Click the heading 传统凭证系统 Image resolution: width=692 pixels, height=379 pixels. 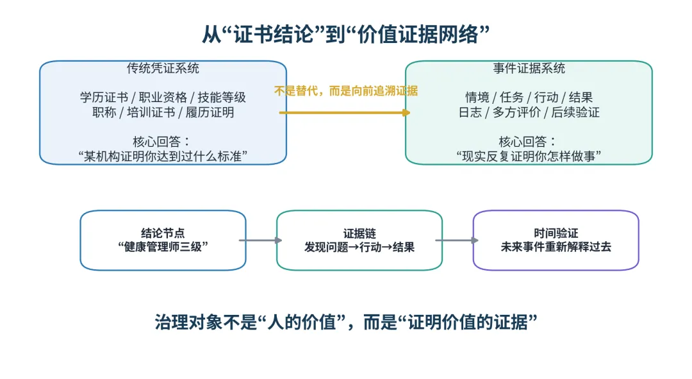pos(163,68)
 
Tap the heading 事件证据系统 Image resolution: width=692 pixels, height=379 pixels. pos(529,68)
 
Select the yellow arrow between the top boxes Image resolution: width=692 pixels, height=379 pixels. pos(345,113)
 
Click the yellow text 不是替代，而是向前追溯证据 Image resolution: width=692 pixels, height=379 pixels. pos(345,91)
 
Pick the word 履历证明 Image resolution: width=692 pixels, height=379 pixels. pos(210,112)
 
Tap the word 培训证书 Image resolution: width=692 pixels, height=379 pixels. pos(151,112)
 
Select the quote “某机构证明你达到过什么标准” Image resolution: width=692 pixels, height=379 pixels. pos(163,156)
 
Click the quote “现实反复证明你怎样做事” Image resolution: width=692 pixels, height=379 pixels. pos(529,156)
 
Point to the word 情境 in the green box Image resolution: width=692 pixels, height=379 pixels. pos(477,97)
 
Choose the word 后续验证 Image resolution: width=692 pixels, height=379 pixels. pos(575,112)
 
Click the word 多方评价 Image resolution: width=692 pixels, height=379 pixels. pos(517,112)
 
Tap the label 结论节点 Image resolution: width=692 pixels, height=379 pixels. pos(163,233)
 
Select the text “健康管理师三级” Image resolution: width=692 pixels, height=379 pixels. pos(163,246)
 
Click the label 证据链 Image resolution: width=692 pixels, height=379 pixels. pos(359,233)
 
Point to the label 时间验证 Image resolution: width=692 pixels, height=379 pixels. pos(556,233)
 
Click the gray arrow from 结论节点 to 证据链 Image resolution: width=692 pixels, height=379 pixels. pos(261,240)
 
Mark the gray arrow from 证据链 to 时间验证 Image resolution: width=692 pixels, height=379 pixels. pos(457,240)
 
